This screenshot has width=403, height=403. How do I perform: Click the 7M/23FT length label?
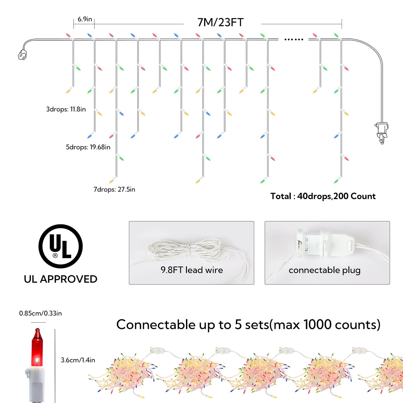click(220, 22)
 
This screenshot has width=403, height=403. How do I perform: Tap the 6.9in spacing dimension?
click(85, 19)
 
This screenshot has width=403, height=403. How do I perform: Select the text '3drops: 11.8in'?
click(66, 109)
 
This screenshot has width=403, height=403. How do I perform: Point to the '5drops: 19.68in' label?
click(88, 147)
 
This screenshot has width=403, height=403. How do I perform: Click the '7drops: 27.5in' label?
click(114, 189)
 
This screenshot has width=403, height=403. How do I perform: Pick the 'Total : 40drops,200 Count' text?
click(323, 196)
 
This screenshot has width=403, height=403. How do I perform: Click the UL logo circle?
click(61, 246)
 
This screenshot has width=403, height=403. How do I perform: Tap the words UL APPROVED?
click(61, 279)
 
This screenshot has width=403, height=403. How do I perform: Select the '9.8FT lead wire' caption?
click(191, 270)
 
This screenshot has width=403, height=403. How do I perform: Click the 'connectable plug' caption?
click(325, 270)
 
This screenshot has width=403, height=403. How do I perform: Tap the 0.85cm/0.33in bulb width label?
click(40, 313)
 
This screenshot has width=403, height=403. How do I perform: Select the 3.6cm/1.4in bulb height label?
click(78, 360)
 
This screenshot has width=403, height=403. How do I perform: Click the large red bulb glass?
click(37, 347)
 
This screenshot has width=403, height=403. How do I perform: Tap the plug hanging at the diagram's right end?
click(381, 133)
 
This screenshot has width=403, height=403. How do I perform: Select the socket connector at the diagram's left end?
click(22, 55)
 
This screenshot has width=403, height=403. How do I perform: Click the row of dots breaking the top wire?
click(294, 39)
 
